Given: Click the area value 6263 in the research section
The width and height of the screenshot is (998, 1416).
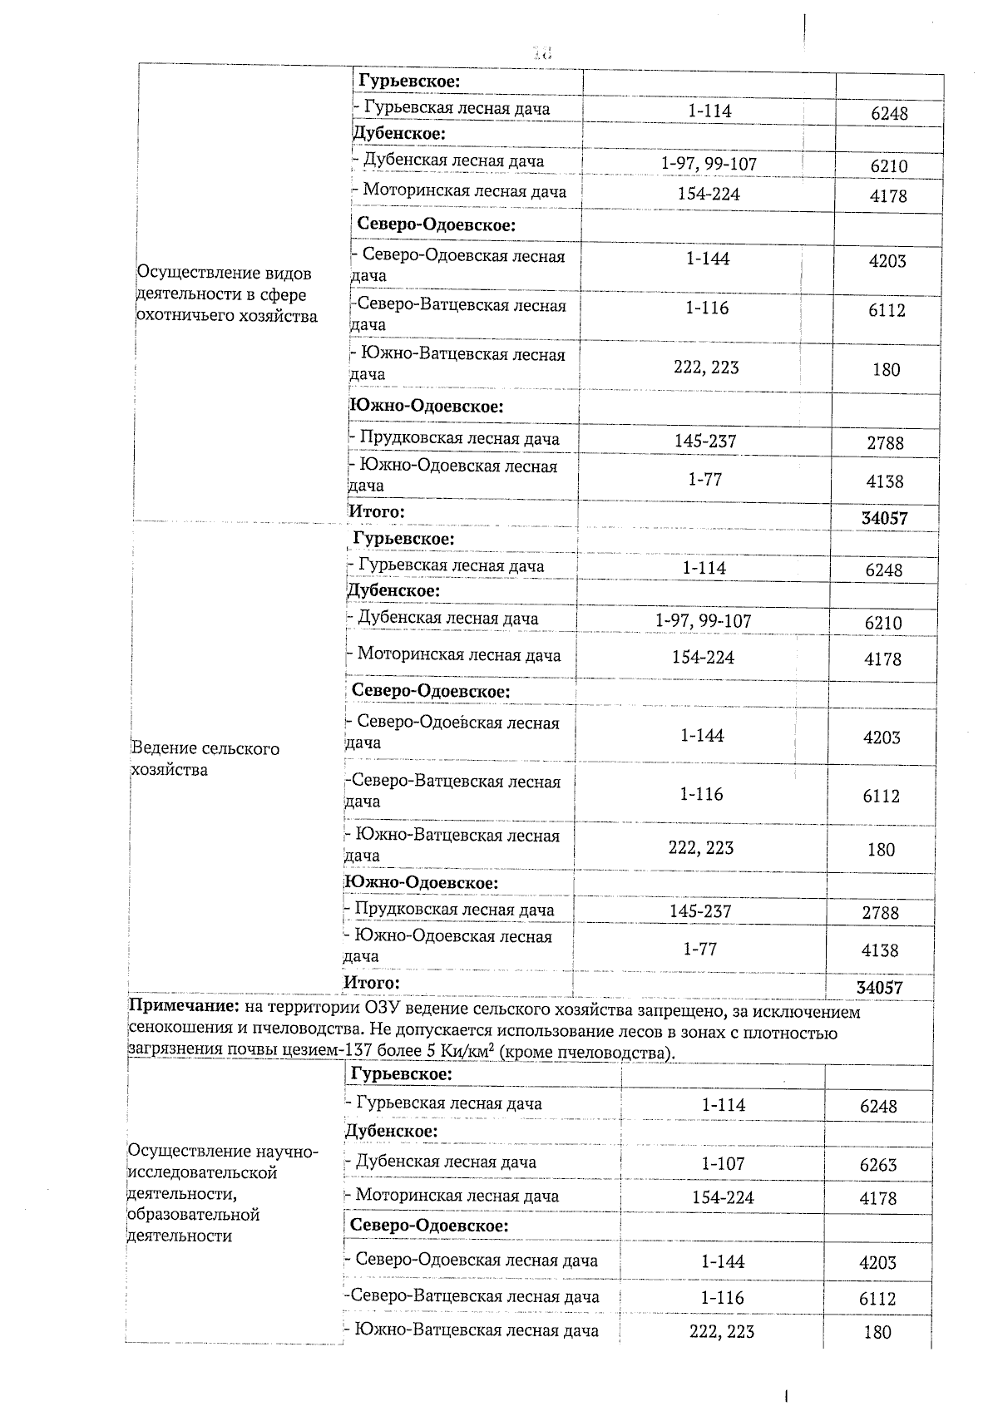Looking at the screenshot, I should tap(878, 1165).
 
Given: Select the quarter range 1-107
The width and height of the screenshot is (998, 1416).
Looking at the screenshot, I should tap(723, 1163).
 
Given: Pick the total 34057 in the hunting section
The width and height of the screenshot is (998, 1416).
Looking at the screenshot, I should tap(884, 518).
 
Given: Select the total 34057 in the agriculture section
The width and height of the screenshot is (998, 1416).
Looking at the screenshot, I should tap(879, 987).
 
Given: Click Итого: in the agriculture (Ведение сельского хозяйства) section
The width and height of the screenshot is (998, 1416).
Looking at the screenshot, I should tap(372, 982).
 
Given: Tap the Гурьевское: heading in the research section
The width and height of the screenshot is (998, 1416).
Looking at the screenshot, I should tap(402, 1073).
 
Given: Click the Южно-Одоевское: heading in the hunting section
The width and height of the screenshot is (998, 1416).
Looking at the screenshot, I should tap(427, 407).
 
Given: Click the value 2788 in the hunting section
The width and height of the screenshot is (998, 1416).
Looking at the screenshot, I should tap(885, 442).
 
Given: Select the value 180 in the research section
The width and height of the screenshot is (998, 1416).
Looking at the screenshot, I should tap(877, 1332).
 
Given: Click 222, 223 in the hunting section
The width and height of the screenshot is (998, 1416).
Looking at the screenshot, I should tap(706, 368).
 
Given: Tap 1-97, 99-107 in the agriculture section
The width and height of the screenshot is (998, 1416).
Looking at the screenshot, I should tap(703, 621).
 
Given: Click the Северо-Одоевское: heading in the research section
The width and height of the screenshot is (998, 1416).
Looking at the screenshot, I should tap(429, 1226).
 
